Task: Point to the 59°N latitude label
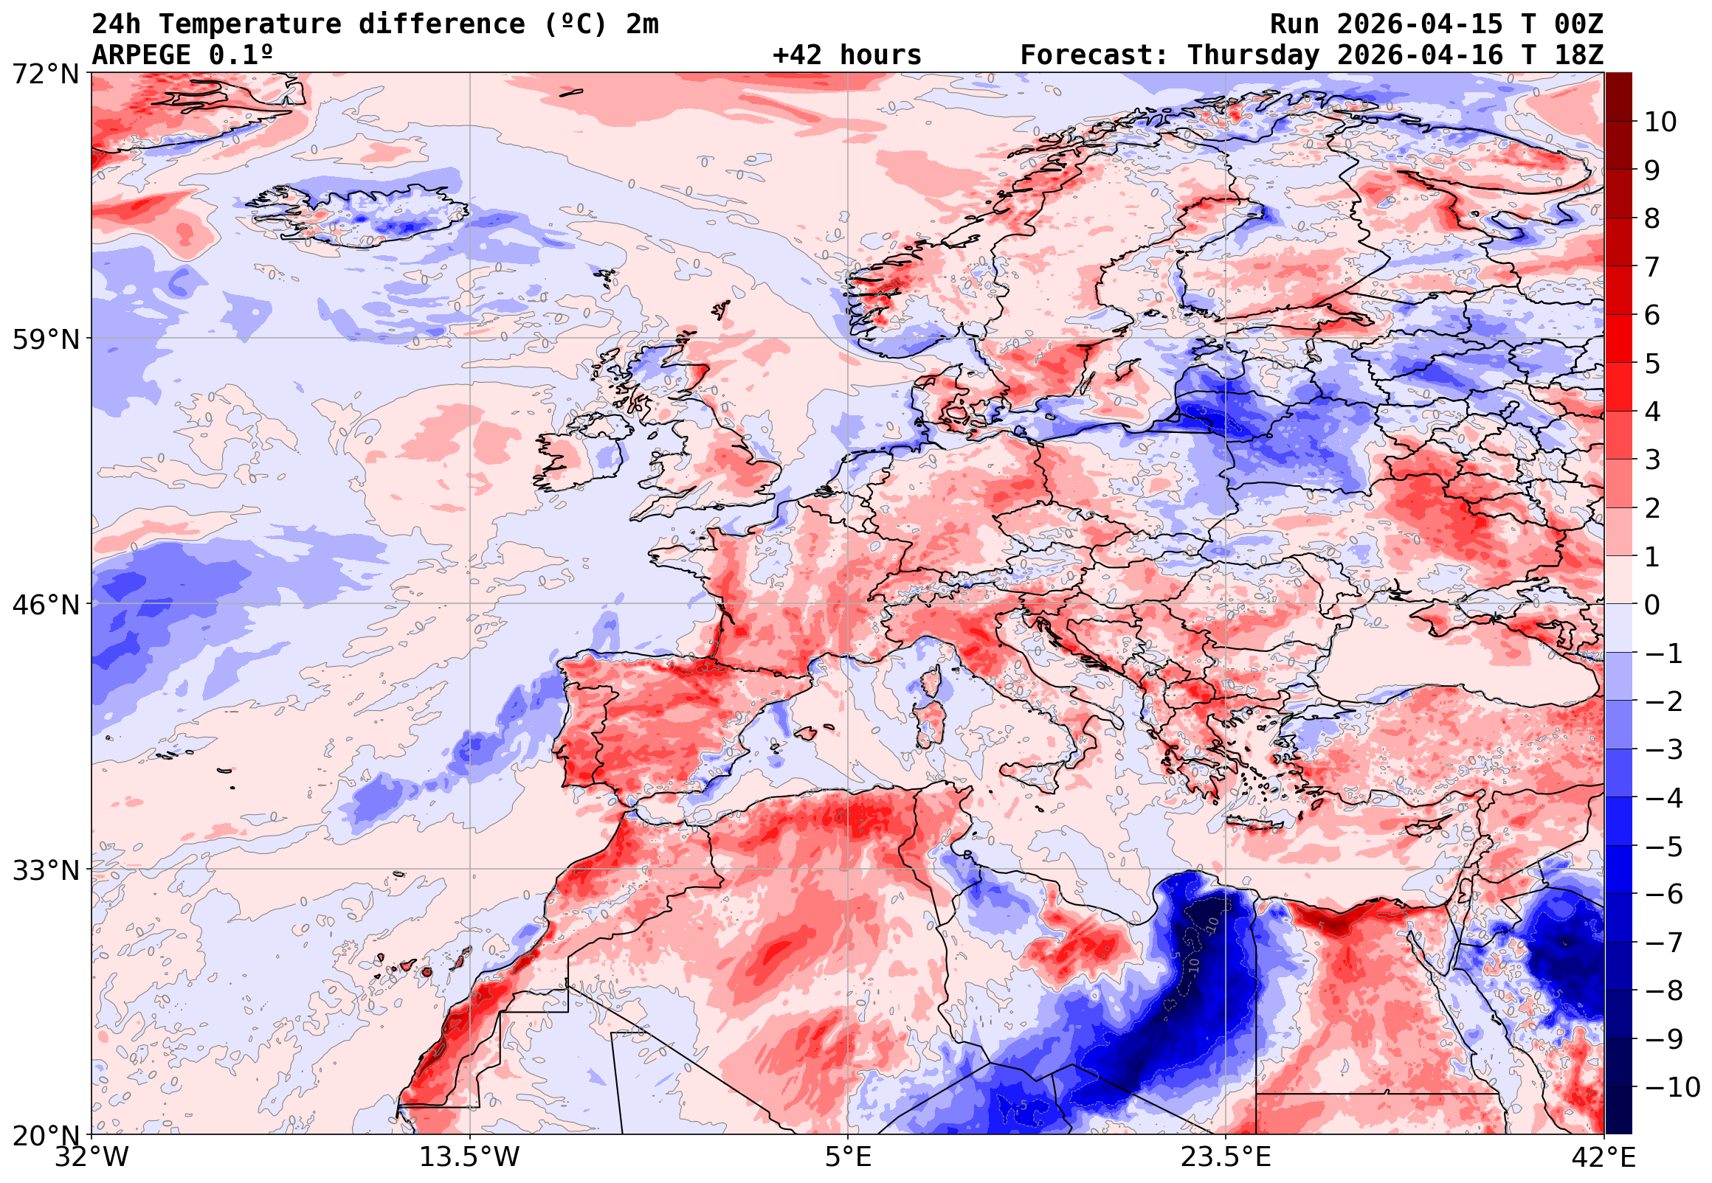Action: coord(45,339)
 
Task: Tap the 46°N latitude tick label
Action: coord(45,605)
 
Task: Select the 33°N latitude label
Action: coord(45,870)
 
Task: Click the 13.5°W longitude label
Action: coord(470,1157)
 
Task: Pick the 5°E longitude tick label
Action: coord(848,1157)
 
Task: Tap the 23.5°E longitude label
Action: coord(1225,1157)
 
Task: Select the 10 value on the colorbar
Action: coord(1660,122)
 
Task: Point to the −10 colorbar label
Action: coord(1672,1087)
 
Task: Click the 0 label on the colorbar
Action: coord(1653,605)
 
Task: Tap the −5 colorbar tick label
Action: coord(1664,847)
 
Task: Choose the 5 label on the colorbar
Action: coord(1653,364)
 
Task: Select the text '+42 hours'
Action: coord(846,55)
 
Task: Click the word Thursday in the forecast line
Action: coord(1253,55)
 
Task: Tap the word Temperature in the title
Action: coord(249,24)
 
